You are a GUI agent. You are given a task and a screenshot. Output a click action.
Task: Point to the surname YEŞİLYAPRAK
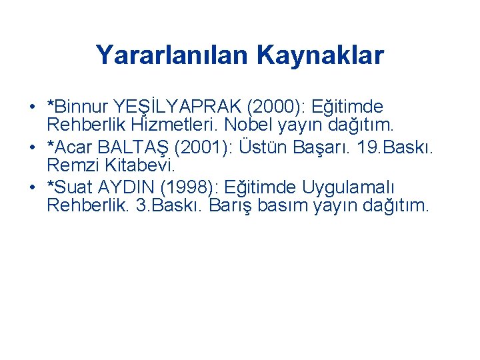click(179, 107)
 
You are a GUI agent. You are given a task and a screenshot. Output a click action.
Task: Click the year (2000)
click(276, 107)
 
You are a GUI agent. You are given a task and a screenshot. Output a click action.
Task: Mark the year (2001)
click(201, 147)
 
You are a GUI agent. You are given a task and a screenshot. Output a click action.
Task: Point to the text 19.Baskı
click(395, 147)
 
